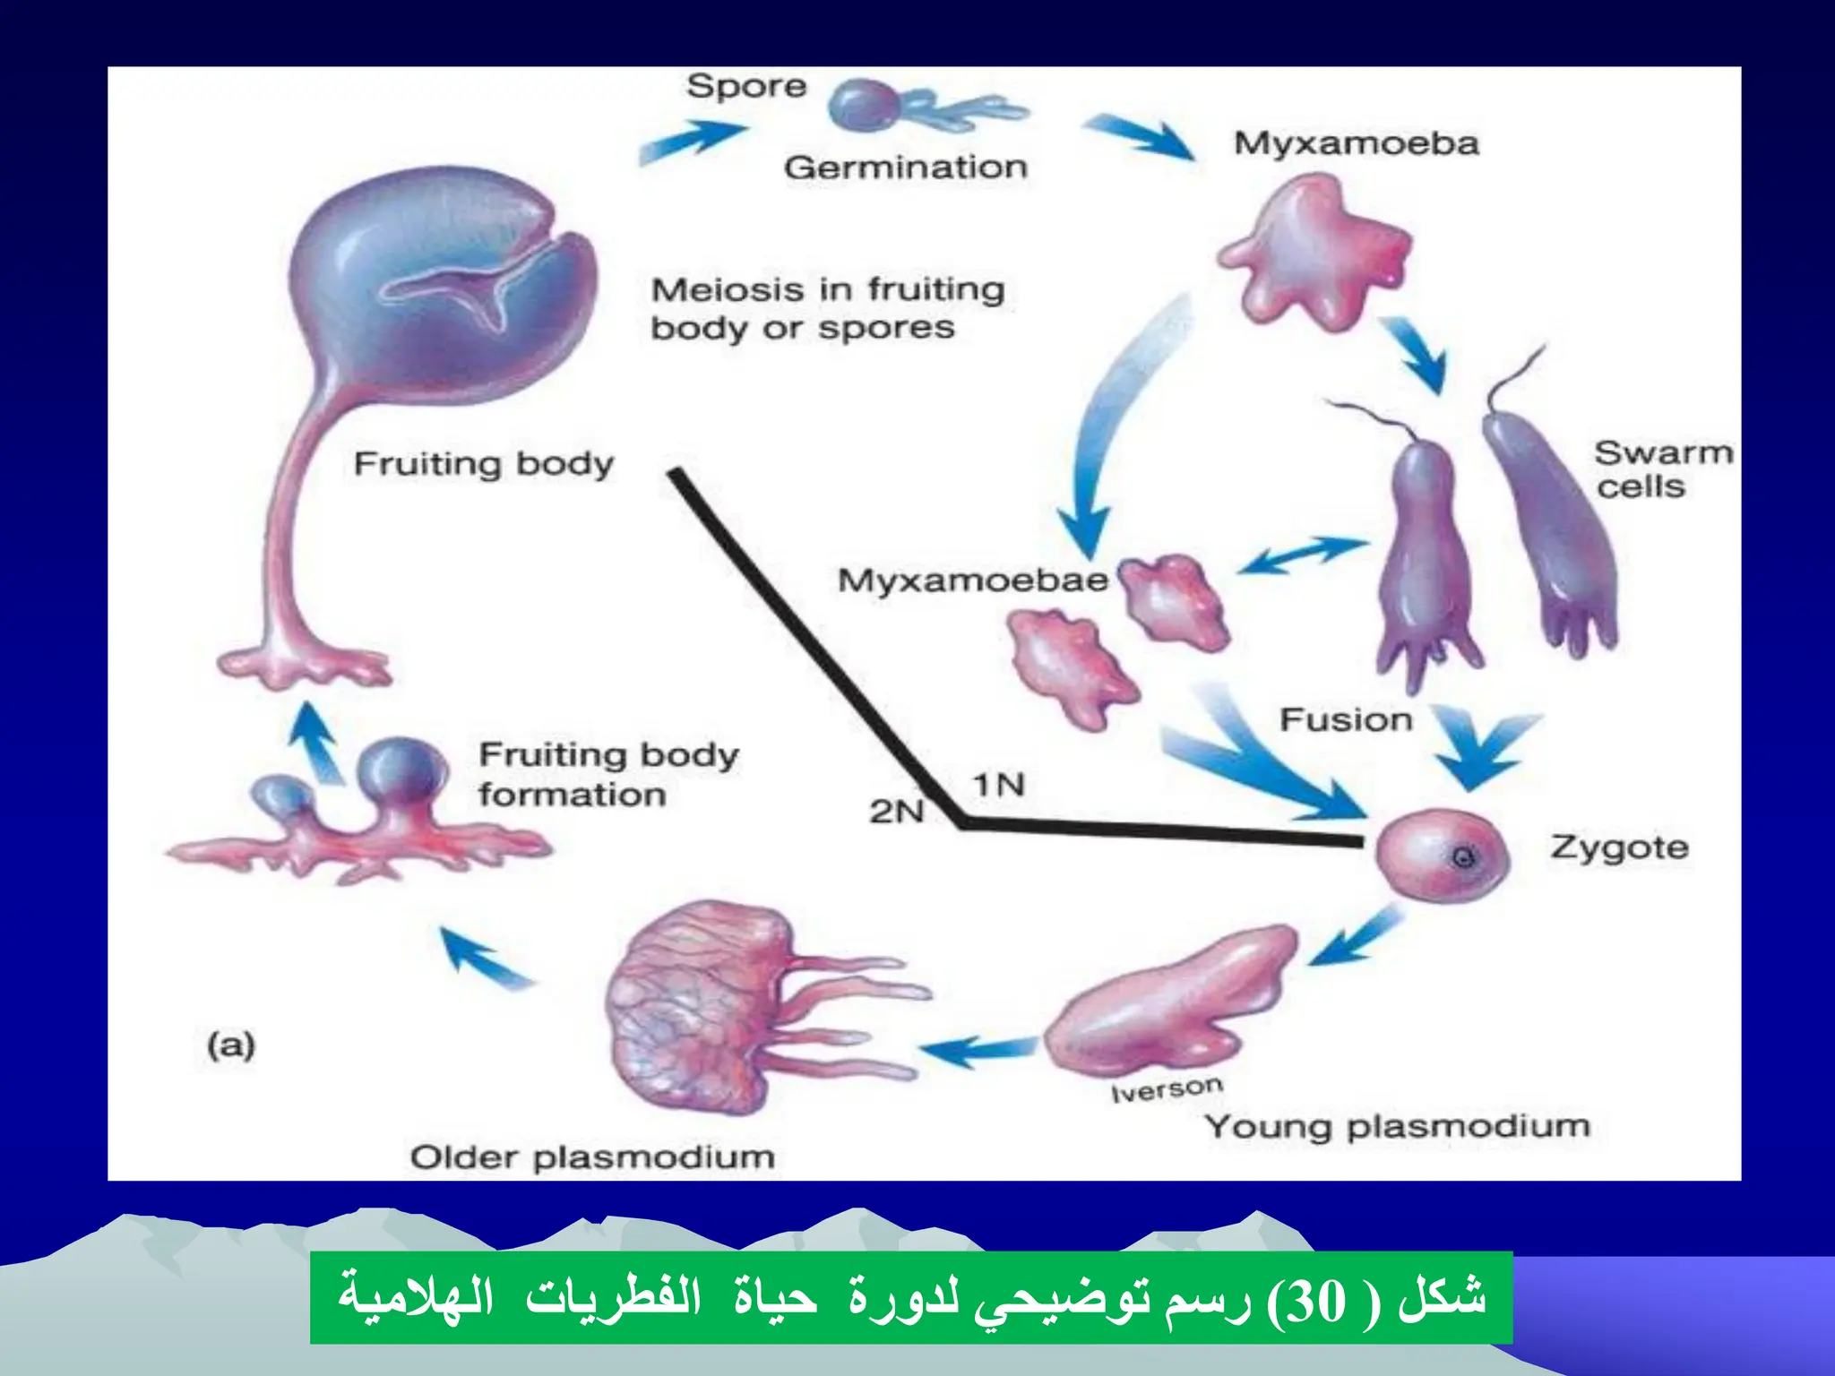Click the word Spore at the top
[x=746, y=87]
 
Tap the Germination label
[x=905, y=168]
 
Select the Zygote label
[x=1619, y=847]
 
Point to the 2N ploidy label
[x=895, y=812]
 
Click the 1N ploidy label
[x=998, y=786]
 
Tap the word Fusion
[x=1346, y=719]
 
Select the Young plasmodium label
[x=1397, y=1126]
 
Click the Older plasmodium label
[x=592, y=1157]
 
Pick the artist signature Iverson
[x=1167, y=1090]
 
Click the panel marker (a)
[x=231, y=1045]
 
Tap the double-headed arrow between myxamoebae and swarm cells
[x=1304, y=555]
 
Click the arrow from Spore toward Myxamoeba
[x=1138, y=136]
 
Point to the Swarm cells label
[x=1662, y=469]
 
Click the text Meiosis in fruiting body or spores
[x=826, y=309]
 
